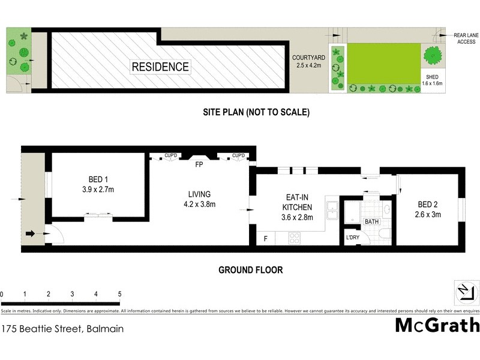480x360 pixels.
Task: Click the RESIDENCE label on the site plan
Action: (x=160, y=67)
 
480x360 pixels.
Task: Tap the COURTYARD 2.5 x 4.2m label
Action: (x=308, y=62)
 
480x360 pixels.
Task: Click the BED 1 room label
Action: (x=97, y=184)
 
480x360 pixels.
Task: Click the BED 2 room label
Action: (x=429, y=209)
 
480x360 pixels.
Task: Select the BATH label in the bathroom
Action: (x=371, y=222)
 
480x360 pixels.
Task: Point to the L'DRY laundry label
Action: (x=352, y=238)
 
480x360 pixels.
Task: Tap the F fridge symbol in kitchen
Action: (x=266, y=239)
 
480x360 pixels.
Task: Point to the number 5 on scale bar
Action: (x=119, y=294)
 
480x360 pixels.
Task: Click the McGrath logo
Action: (x=437, y=325)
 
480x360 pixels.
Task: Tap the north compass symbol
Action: (x=466, y=293)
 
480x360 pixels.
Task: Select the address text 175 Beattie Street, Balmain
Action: (x=62, y=329)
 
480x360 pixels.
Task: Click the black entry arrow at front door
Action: (x=30, y=234)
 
